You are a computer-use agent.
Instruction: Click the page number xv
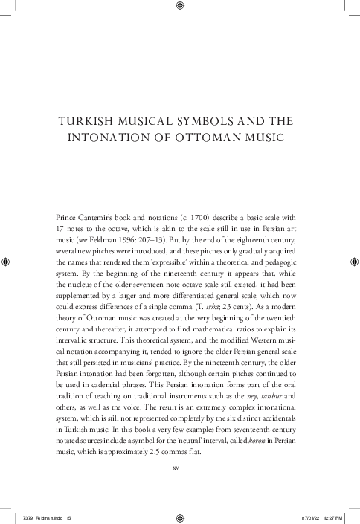[x=176, y=468]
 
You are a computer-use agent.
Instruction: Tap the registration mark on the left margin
[x=7, y=262]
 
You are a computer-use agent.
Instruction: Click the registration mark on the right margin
[x=353, y=262]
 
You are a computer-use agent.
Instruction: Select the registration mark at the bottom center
[x=180, y=516]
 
